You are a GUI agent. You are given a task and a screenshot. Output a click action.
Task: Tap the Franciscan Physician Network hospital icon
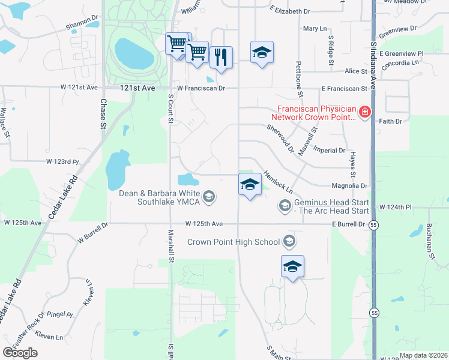coord(364,112)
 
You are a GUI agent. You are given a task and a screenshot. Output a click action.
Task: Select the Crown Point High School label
coord(234,242)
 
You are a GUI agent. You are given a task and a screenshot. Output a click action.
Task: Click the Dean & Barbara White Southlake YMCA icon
coord(209,196)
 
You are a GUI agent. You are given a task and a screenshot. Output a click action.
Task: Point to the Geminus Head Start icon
coord(285,206)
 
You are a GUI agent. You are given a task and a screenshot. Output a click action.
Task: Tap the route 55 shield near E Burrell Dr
coord(374,224)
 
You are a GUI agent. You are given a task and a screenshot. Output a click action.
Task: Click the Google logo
coord(20,353)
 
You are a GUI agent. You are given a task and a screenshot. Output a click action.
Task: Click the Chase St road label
coord(103,114)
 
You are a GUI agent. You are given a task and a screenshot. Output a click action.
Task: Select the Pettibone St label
coord(298,79)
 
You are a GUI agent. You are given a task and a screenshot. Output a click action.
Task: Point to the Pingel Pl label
coord(61,314)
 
